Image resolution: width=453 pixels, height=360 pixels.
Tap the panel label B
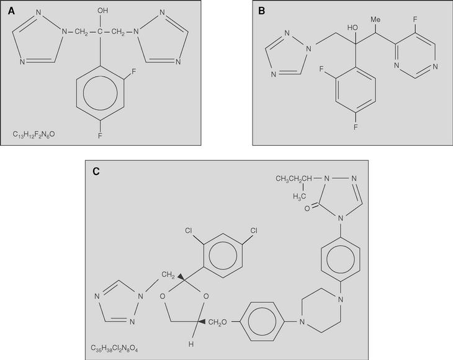coord(261,11)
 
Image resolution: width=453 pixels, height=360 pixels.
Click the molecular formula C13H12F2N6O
coord(34,133)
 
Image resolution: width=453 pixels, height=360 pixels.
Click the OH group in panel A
coord(102,11)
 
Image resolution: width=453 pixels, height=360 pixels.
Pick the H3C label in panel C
coord(300,197)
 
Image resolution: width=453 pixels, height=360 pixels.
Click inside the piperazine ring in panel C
coord(320,308)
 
